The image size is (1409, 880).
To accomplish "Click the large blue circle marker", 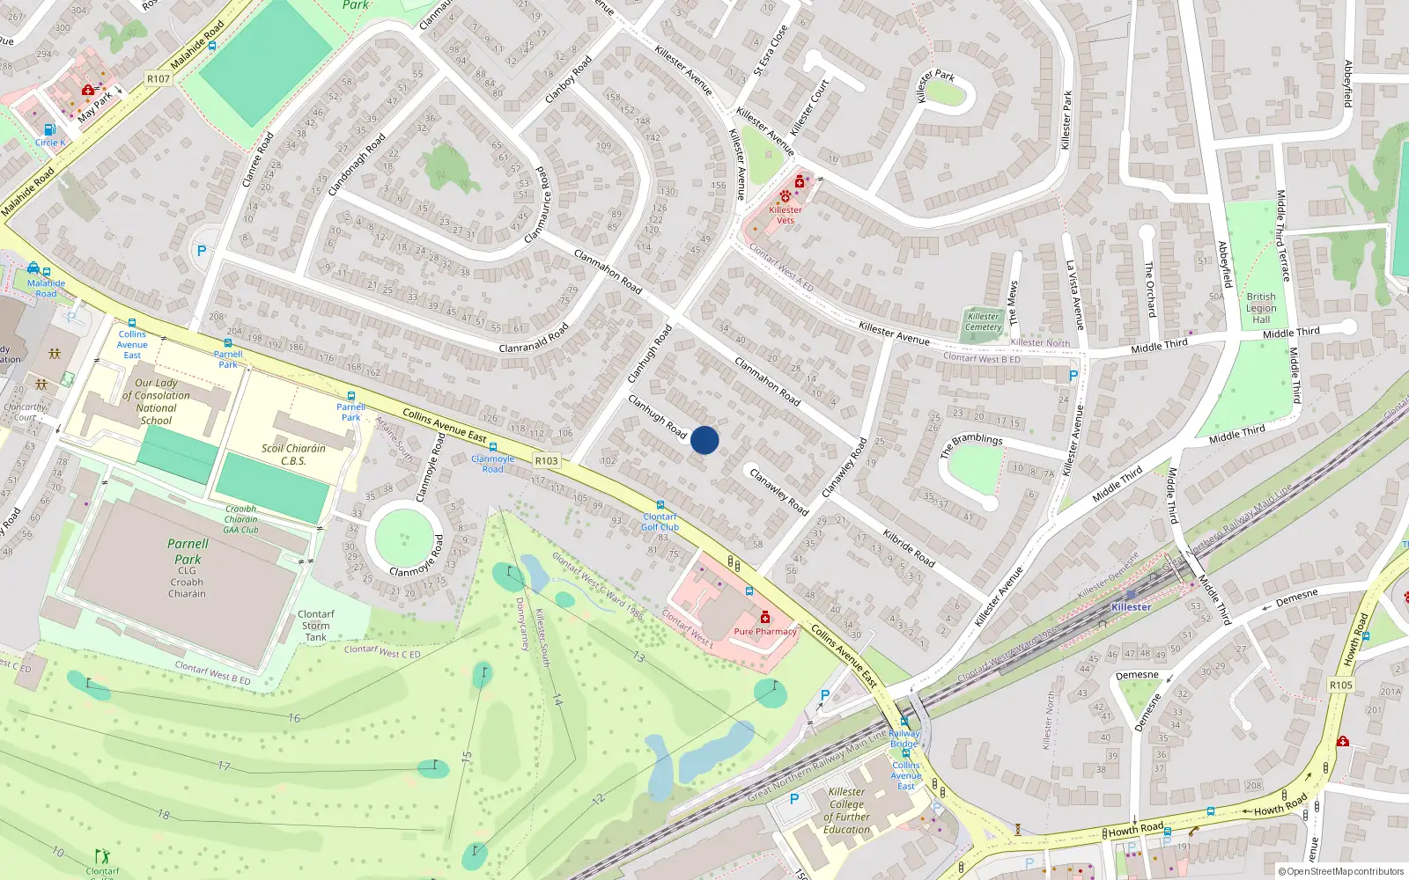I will coord(704,440).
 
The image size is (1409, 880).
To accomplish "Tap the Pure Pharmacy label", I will coord(764,631).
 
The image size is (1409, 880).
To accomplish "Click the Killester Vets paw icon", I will coord(785,196).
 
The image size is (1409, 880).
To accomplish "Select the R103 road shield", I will coord(546,460).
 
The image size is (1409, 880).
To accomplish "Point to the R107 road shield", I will coord(159,78).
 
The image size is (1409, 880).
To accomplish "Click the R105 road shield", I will coord(1340,685).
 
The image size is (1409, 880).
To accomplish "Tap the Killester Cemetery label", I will coord(984,322).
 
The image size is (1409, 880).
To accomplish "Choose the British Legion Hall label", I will coord(1261,308).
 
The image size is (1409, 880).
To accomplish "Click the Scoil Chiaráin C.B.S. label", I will coord(293,454).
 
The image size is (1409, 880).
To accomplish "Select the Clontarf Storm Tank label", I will coord(315,626).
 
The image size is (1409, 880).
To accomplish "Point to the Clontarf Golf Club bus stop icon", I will coord(660,506).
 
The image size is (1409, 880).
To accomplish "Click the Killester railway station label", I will coord(1131,607).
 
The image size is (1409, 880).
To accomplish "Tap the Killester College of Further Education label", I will coord(846,810).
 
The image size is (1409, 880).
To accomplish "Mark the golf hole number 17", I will coord(225,766).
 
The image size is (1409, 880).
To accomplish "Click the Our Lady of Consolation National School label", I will coord(156,401).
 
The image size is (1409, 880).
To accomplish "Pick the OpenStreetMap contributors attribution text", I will coord(1340,871).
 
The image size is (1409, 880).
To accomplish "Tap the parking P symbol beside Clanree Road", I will coord(202,251).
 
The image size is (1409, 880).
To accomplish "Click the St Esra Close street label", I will coord(771,50).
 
